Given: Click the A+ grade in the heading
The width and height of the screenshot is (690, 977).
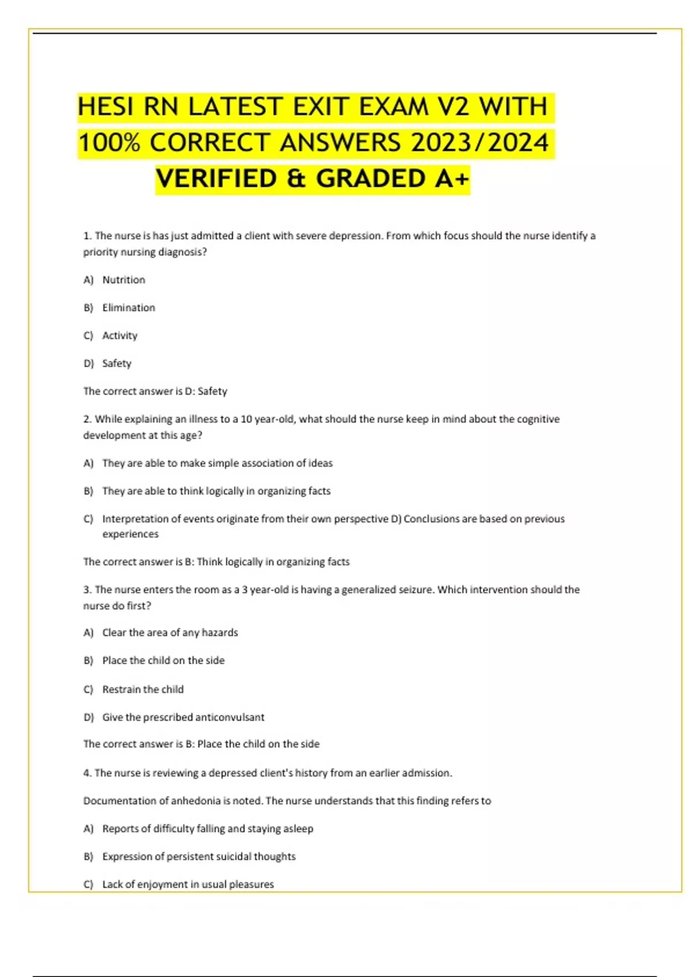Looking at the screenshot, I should click(452, 179).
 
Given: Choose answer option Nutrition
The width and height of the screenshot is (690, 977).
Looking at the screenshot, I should click(124, 280).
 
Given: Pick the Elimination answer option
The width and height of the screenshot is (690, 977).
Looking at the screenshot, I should click(129, 308).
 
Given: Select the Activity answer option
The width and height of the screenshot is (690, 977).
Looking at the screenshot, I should click(120, 336).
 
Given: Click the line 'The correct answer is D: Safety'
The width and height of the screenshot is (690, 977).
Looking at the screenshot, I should click(155, 391).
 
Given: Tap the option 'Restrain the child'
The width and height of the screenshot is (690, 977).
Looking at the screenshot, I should click(143, 689).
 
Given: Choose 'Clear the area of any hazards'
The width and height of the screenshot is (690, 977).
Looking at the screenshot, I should click(170, 633).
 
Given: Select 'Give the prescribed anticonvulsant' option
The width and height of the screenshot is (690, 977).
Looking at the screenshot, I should click(183, 717).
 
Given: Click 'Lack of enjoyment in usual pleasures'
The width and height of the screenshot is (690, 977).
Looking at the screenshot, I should click(187, 884).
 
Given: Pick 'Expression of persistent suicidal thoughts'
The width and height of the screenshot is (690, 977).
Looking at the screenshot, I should click(198, 856).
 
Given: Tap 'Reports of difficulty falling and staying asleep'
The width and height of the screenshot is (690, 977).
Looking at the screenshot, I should click(207, 829).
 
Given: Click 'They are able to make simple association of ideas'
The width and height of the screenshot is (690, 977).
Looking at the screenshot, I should click(217, 463).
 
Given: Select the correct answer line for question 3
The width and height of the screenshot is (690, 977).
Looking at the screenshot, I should click(201, 744).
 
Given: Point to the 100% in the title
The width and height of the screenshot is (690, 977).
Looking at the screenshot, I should click(109, 143).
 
